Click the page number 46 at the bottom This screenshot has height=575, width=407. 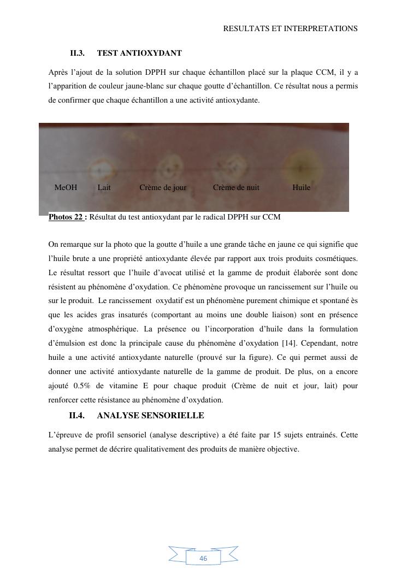tap(203, 559)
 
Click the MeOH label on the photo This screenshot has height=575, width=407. tap(66, 187)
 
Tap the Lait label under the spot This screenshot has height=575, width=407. tap(104, 187)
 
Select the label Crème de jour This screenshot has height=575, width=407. tap(163, 187)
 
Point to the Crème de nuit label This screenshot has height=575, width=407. tap(236, 187)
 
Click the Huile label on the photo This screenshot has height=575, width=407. tap(301, 187)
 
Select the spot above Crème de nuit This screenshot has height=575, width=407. tap(236, 164)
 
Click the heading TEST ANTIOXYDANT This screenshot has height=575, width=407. tap(139, 53)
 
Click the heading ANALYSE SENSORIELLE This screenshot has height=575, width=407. tap(150, 416)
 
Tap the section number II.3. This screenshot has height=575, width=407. tap(77, 53)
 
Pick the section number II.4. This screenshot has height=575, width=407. tap(76, 416)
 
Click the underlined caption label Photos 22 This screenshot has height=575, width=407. tap(67, 217)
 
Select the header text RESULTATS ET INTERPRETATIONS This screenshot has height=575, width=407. tap(290, 28)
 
